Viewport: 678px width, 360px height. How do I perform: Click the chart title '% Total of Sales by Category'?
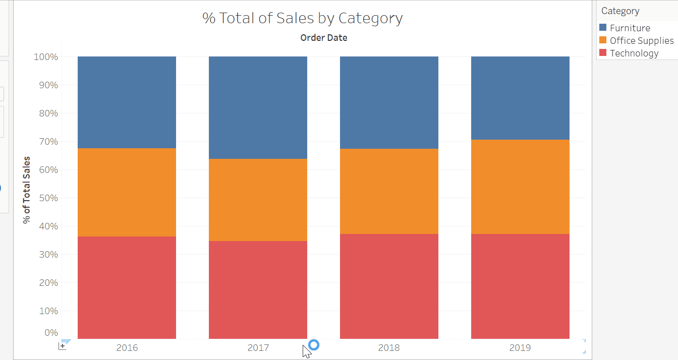click(303, 19)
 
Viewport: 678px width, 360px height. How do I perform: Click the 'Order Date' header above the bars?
click(323, 38)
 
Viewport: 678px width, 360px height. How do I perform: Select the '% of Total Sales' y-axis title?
click(27, 190)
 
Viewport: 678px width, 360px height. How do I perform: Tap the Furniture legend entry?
click(630, 28)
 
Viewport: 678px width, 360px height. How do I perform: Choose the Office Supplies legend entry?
click(641, 41)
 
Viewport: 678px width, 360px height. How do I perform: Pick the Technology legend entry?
click(634, 53)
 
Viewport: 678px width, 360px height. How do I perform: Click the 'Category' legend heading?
click(620, 11)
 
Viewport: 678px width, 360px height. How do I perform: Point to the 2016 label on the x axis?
click(127, 348)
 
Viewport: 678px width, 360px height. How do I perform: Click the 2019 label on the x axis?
click(520, 348)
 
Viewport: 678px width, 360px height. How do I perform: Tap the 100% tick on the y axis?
click(46, 57)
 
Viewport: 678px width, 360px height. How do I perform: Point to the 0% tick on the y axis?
click(51, 333)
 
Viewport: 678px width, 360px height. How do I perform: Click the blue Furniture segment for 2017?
click(258, 107)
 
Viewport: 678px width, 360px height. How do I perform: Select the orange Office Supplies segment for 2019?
click(520, 187)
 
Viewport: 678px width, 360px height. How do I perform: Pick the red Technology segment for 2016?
click(127, 287)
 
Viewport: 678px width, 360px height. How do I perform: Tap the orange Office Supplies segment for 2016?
click(127, 192)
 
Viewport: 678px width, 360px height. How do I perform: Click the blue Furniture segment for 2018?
click(389, 102)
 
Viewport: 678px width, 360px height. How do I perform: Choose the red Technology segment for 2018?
click(389, 286)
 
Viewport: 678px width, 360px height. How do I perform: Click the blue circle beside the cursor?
click(314, 345)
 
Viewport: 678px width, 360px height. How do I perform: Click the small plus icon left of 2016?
click(63, 346)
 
